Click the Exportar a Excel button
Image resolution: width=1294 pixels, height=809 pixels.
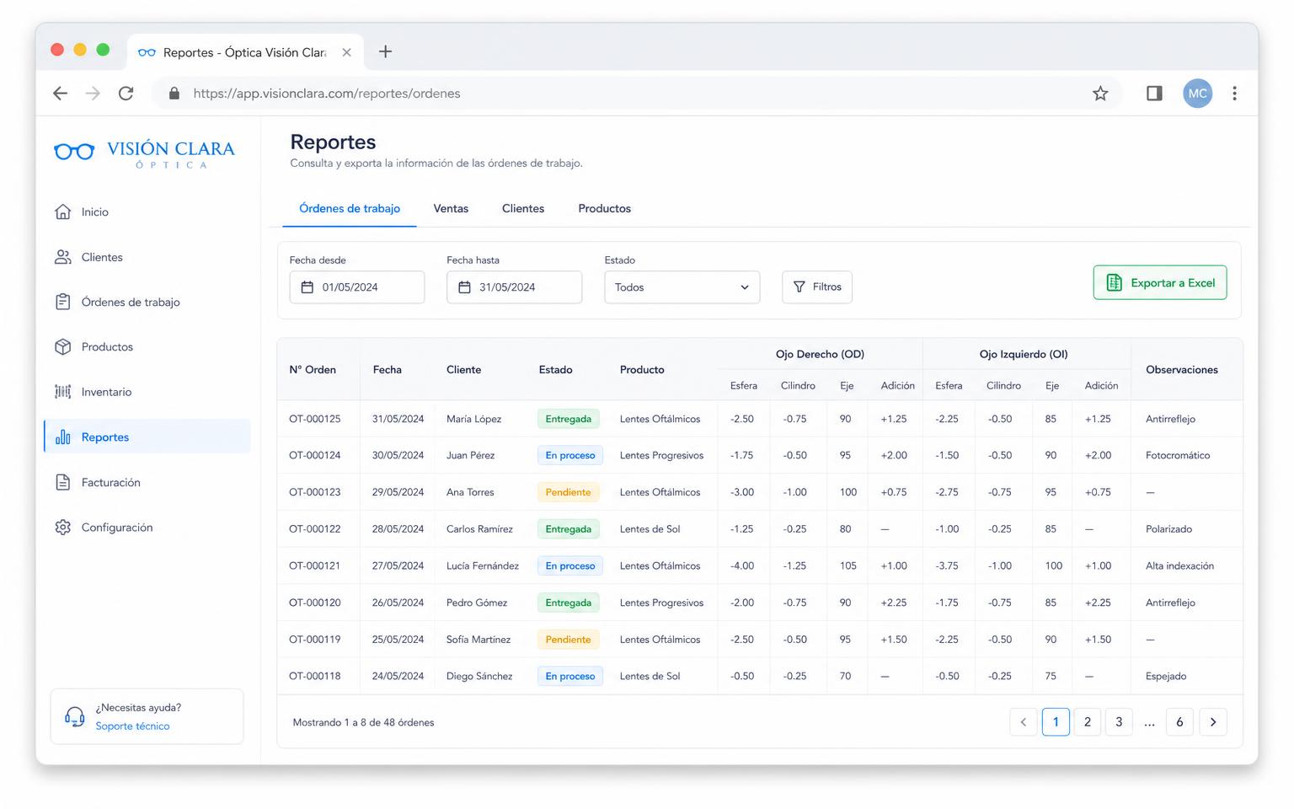[x=1159, y=282]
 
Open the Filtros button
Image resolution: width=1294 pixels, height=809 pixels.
[x=816, y=287]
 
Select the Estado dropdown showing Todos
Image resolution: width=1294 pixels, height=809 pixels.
[x=682, y=287]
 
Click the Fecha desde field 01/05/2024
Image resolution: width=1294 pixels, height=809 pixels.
[x=356, y=287]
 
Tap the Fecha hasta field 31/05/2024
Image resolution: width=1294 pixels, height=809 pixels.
[x=514, y=287]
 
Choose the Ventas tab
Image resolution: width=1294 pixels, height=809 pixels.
[x=451, y=208]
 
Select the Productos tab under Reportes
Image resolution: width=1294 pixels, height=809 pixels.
[x=604, y=208]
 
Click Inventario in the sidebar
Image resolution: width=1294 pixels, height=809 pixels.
[x=106, y=392]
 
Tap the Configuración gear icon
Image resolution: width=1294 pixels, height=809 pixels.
[x=63, y=527]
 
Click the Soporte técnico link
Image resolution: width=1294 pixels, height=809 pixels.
[x=132, y=726]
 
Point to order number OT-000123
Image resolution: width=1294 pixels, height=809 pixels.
[x=315, y=492]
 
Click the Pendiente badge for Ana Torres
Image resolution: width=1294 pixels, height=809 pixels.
[x=568, y=492]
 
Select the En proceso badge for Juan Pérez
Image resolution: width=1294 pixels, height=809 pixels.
[x=569, y=455]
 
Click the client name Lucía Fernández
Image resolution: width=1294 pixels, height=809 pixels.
[x=483, y=565]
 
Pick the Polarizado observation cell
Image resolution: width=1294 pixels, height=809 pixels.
[x=1168, y=528]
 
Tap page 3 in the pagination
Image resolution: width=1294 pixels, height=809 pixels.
[x=1119, y=721]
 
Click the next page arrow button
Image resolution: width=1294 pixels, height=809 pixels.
[x=1213, y=721]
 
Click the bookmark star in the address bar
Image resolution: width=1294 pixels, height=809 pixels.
[x=1100, y=93]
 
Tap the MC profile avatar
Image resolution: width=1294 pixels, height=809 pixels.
[x=1197, y=93]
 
